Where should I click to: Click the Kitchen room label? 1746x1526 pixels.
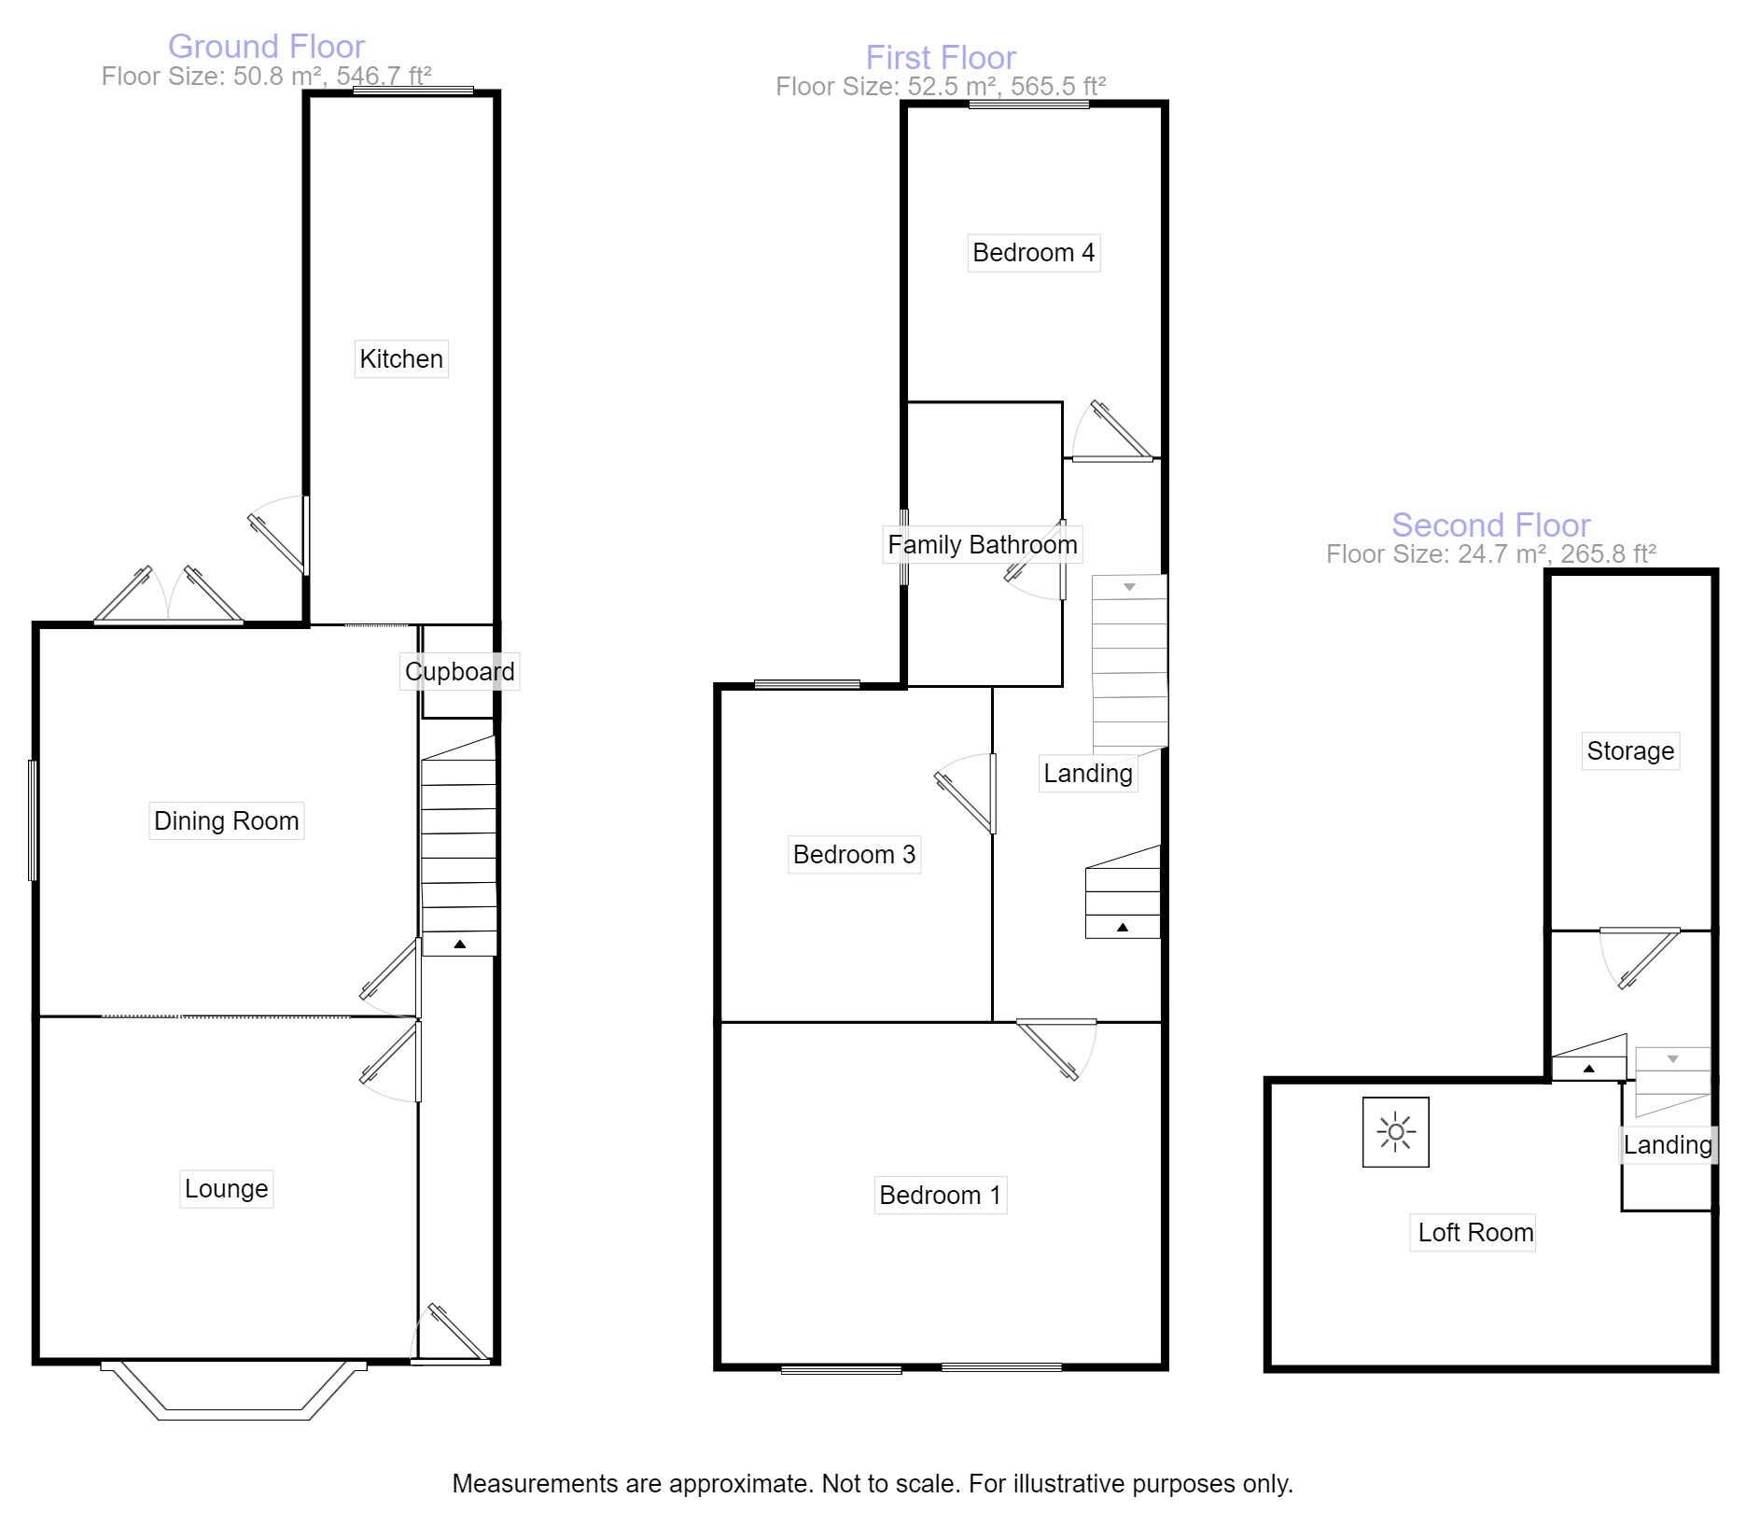(x=401, y=358)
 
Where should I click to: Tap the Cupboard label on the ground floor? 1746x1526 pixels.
(x=459, y=671)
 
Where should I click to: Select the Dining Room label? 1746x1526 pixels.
(x=226, y=820)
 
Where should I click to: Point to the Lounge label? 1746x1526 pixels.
(x=226, y=1188)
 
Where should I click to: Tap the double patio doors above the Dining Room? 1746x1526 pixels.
(x=169, y=597)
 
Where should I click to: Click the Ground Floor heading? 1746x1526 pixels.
(x=266, y=46)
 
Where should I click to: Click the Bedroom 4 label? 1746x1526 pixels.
(x=1033, y=252)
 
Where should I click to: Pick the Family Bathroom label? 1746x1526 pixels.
(x=982, y=544)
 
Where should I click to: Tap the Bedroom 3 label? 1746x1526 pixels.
(x=854, y=854)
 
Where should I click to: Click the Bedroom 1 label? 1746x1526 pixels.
(x=940, y=1195)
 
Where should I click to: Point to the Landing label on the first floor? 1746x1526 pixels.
(x=1087, y=773)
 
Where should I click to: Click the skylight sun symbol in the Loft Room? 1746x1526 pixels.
(x=1395, y=1132)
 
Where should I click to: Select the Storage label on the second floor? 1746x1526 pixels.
(x=1630, y=750)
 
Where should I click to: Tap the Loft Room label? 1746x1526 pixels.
(x=1474, y=1232)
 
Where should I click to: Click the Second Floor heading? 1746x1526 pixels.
(x=1490, y=525)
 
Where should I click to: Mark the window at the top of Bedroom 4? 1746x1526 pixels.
(x=1028, y=105)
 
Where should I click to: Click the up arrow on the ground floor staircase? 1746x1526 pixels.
(x=459, y=945)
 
